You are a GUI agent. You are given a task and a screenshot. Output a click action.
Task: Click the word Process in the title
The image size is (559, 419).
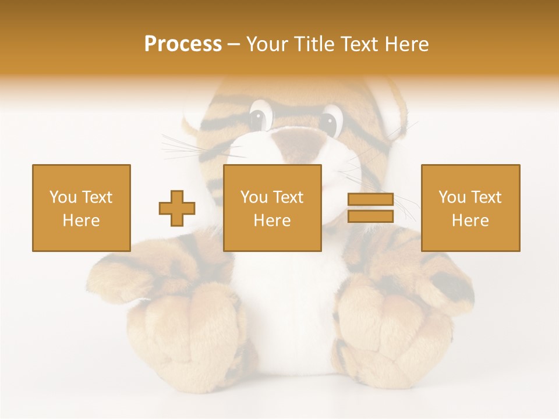click(x=183, y=44)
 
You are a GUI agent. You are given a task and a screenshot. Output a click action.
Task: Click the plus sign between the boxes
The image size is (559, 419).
click(x=177, y=208)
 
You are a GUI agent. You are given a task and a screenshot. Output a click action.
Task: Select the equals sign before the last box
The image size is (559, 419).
click(x=370, y=208)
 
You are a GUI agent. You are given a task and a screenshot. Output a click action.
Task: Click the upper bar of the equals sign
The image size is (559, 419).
click(x=370, y=200)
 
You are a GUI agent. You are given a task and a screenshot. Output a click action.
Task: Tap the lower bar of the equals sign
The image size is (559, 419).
click(x=370, y=216)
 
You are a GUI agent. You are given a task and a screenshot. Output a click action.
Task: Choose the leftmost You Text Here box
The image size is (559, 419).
click(x=81, y=208)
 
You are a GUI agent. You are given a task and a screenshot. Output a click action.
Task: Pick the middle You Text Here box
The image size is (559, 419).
click(x=272, y=208)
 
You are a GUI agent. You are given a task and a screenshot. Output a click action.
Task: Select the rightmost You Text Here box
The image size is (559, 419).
click(x=470, y=208)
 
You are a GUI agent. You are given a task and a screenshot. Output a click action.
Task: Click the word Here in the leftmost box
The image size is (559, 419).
click(x=81, y=221)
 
